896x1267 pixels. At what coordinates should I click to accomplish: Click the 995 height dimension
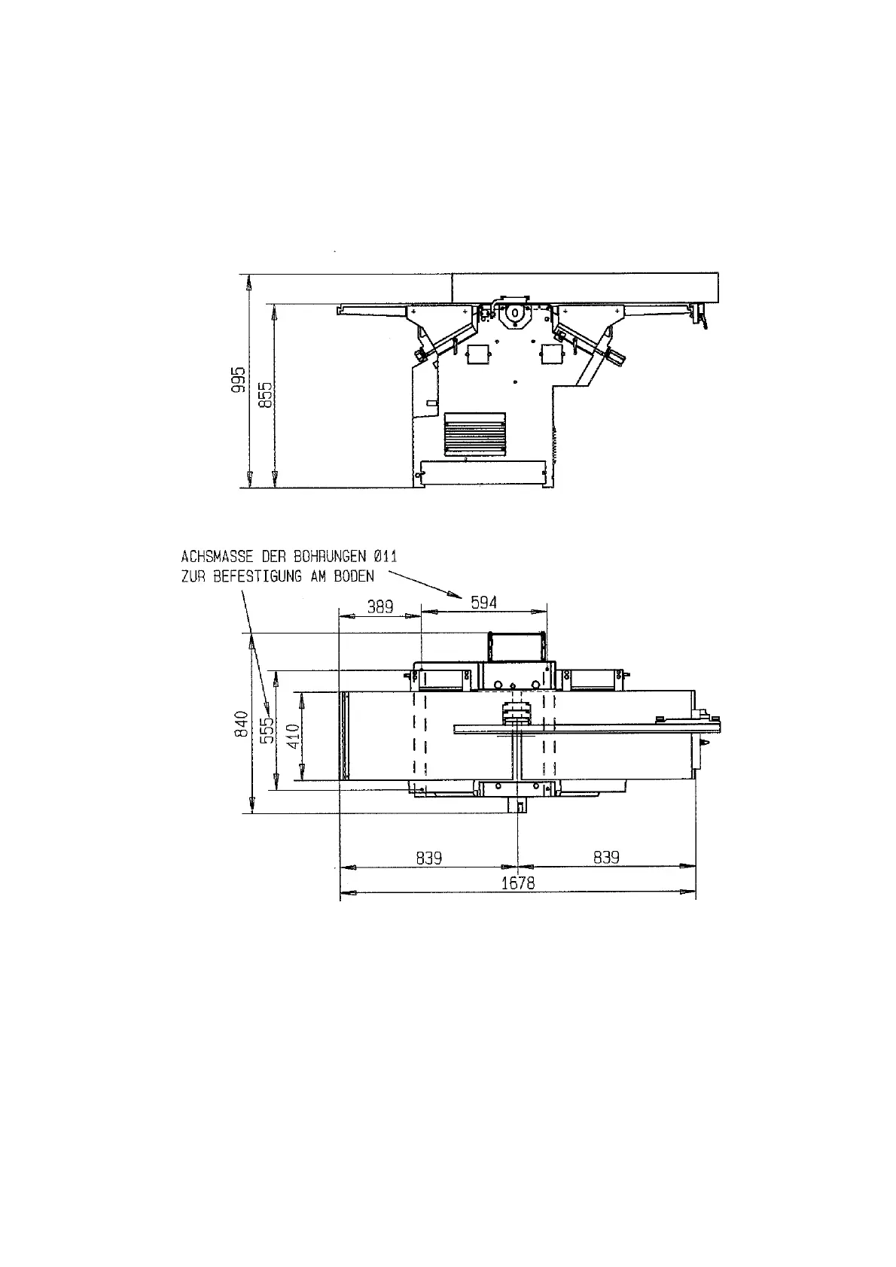[x=239, y=379]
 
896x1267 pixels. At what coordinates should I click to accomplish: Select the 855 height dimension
[x=266, y=394]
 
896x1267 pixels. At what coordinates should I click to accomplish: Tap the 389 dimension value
[x=379, y=607]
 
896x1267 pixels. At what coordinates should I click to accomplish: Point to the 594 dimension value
[x=484, y=603]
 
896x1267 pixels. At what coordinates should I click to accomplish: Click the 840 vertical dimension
[x=242, y=724]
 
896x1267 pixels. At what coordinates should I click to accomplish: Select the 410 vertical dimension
[x=294, y=736]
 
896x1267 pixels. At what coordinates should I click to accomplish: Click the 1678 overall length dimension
[x=518, y=883]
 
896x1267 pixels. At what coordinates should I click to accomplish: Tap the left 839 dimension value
[x=428, y=858]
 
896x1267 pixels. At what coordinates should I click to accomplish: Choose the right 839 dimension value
[x=606, y=858]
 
